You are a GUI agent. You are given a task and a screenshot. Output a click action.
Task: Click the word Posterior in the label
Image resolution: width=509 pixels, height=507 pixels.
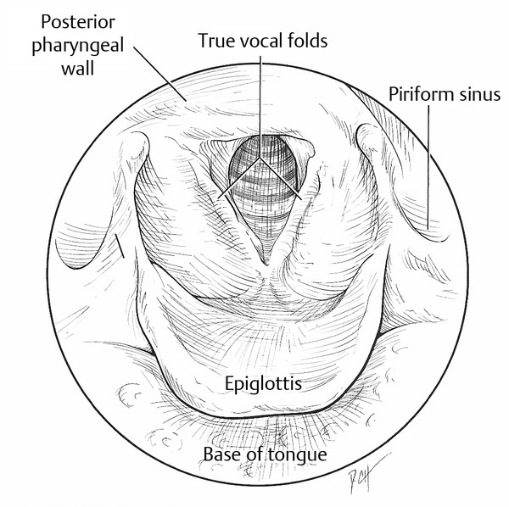(78, 22)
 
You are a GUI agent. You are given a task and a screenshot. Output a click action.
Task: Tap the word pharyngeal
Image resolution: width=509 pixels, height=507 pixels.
(78, 46)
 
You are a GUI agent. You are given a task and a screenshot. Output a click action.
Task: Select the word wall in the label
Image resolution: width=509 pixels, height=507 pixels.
(78, 69)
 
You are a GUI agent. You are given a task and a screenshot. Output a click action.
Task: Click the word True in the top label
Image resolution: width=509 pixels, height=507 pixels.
(215, 41)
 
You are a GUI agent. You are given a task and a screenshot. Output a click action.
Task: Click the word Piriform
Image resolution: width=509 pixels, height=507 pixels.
(421, 94)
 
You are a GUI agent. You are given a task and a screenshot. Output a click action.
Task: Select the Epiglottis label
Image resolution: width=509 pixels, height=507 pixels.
(263, 384)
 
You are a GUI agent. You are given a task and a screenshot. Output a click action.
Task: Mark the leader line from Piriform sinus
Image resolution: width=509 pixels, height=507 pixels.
(428, 167)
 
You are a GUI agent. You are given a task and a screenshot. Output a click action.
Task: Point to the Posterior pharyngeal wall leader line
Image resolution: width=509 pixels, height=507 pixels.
(160, 75)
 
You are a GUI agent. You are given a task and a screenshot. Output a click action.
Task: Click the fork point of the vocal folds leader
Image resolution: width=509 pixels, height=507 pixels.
(260, 159)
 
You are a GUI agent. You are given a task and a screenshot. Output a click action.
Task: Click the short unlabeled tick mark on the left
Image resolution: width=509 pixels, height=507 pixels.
(120, 246)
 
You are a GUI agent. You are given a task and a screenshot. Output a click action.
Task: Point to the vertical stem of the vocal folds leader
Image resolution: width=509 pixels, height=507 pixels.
(260, 107)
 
